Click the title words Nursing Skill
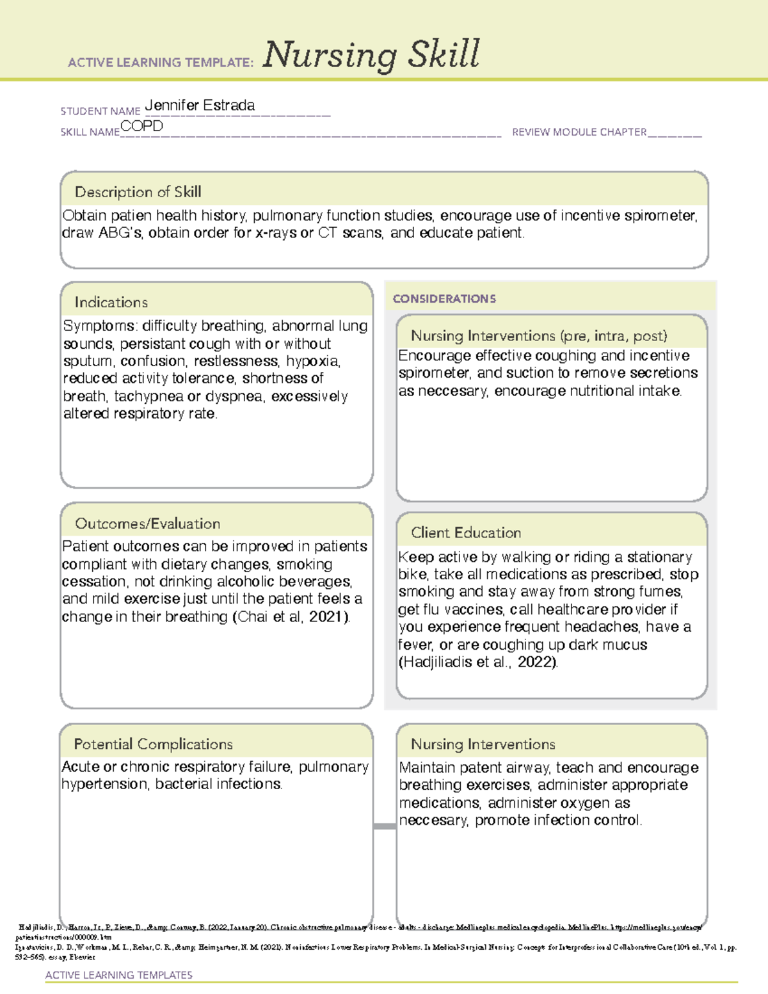tap(371, 55)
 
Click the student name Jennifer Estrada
tap(200, 106)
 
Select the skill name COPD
tap(141, 126)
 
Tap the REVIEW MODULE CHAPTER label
tap(579, 132)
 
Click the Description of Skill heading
tap(138, 192)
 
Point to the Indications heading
tap(111, 302)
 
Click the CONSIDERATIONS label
tap(444, 299)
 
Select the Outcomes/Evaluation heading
tap(147, 524)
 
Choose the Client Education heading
tap(465, 533)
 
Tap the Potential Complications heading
tap(153, 744)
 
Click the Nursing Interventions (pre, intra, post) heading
tap(539, 336)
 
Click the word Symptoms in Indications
tap(99, 326)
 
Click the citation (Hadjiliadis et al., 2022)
tap(477, 662)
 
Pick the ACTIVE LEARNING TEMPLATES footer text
tap(118, 975)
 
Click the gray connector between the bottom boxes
tap(384, 826)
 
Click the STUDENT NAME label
tap(100, 111)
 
